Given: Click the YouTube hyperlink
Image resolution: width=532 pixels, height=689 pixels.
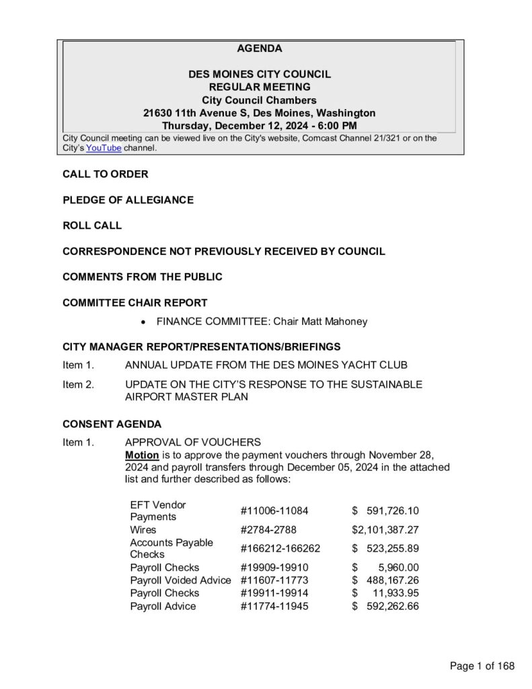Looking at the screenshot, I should (104, 148).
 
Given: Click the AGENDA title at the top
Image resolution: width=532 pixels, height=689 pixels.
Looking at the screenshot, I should (260, 48).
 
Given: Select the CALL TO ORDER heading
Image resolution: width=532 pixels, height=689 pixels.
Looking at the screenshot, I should (105, 174).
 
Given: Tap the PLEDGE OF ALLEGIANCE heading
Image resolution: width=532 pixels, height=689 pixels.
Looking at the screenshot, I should (128, 200).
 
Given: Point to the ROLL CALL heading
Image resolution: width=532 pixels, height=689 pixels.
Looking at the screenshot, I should (92, 225).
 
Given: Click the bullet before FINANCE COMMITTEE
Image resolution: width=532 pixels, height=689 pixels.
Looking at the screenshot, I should (143, 322).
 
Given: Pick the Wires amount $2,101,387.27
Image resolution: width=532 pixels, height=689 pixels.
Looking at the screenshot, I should (385, 530).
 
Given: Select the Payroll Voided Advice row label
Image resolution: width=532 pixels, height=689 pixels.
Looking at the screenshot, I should (180, 580).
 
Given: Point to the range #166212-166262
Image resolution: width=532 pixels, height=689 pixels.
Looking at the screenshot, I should (280, 548).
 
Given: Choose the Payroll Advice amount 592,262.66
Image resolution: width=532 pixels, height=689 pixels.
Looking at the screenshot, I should (393, 606).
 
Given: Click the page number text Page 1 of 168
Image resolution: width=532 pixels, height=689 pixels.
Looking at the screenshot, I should (482, 666).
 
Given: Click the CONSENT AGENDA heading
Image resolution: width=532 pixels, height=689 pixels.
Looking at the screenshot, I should (112, 425).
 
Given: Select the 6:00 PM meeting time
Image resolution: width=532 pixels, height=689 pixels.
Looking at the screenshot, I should (334, 126).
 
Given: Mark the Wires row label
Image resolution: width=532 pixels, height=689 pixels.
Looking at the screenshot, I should (143, 530).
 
